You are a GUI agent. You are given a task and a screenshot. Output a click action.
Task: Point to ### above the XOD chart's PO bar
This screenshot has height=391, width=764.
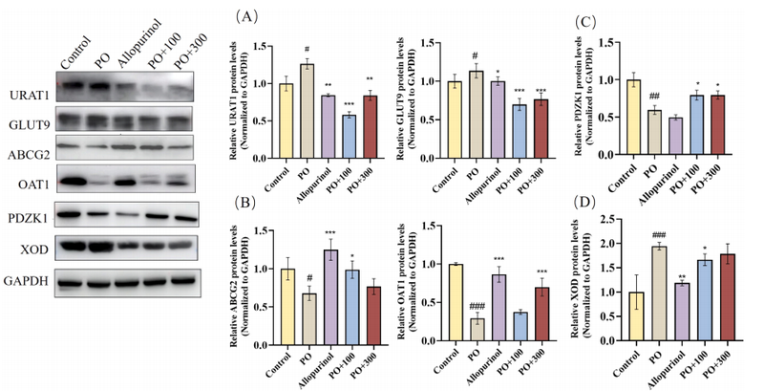click(658, 235)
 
